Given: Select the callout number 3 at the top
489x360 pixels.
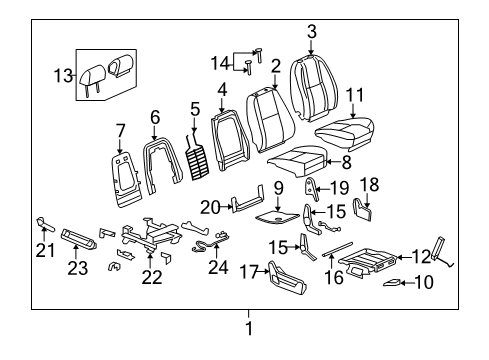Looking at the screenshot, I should pyautogui.click(x=311, y=32).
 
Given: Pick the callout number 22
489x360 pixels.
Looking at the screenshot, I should pyautogui.click(x=151, y=276).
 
